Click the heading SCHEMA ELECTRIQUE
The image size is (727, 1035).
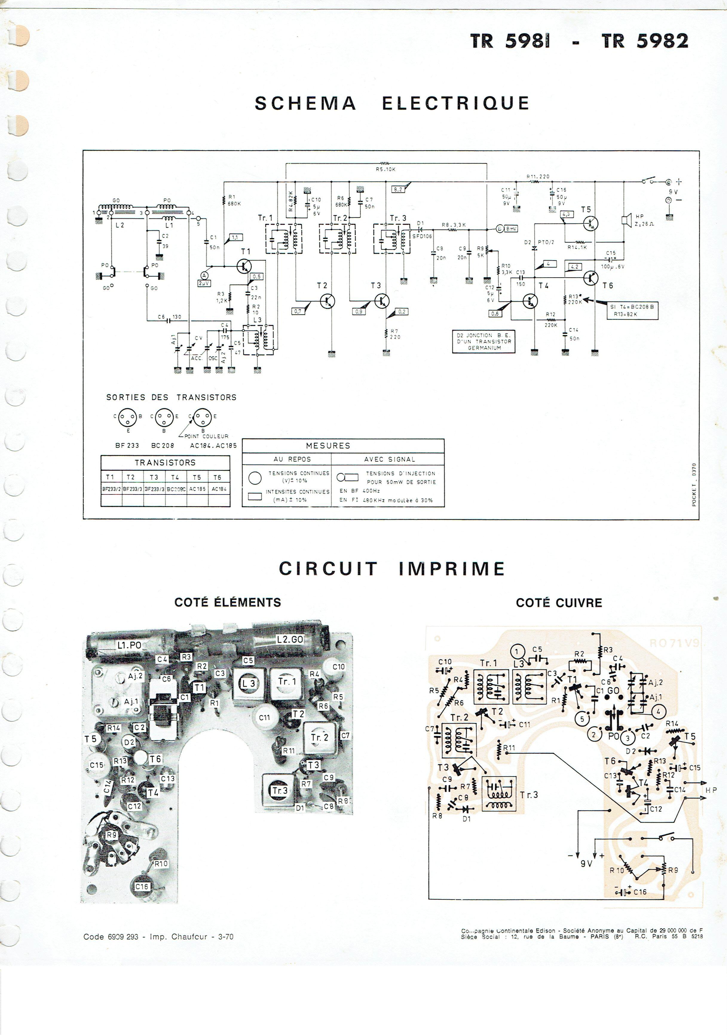(392, 103)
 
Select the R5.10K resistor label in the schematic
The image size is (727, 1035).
(385, 170)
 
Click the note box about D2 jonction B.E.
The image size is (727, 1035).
(484, 341)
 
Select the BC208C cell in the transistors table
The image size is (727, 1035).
(176, 489)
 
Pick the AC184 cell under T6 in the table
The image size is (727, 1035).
(219, 489)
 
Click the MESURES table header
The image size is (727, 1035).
(328, 445)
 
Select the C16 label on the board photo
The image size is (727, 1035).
(142, 887)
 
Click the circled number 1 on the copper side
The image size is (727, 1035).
(518, 652)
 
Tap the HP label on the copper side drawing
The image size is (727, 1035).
(711, 790)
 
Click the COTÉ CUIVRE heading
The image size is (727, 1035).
(558, 603)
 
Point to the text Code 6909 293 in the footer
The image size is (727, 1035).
(111, 936)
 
